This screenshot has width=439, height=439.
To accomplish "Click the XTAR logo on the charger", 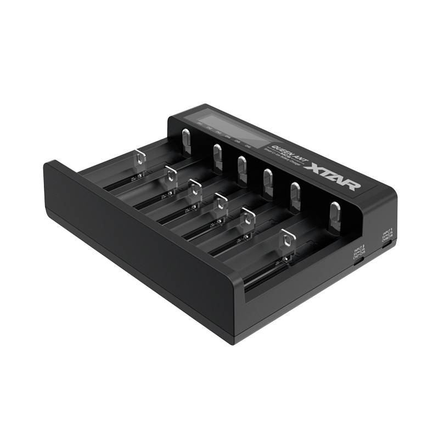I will click(335, 176).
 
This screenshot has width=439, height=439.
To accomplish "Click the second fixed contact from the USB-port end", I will click(295, 193).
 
